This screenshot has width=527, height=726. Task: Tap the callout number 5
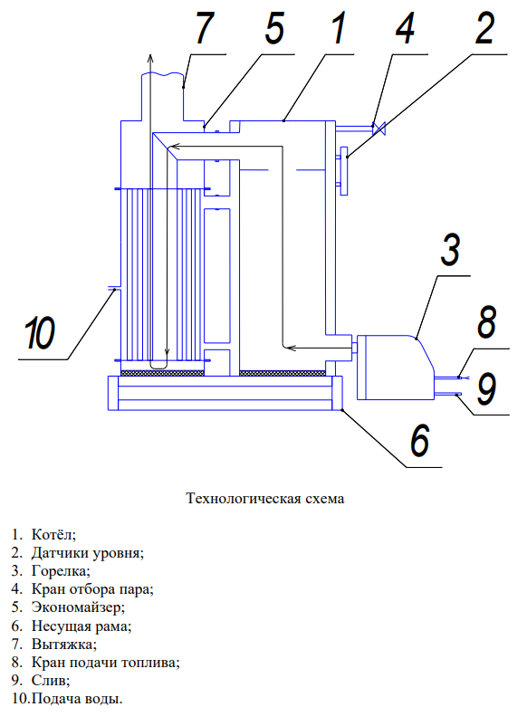point(274,30)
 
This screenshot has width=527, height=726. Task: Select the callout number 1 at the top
point(337,30)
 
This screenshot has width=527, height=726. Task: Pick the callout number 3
point(451,250)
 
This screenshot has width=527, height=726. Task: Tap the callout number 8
point(487,323)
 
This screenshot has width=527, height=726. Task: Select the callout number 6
point(419,441)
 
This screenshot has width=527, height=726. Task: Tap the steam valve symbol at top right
point(382,129)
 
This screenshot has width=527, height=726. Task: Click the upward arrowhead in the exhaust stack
point(152,56)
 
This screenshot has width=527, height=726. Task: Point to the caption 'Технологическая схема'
point(264,499)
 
